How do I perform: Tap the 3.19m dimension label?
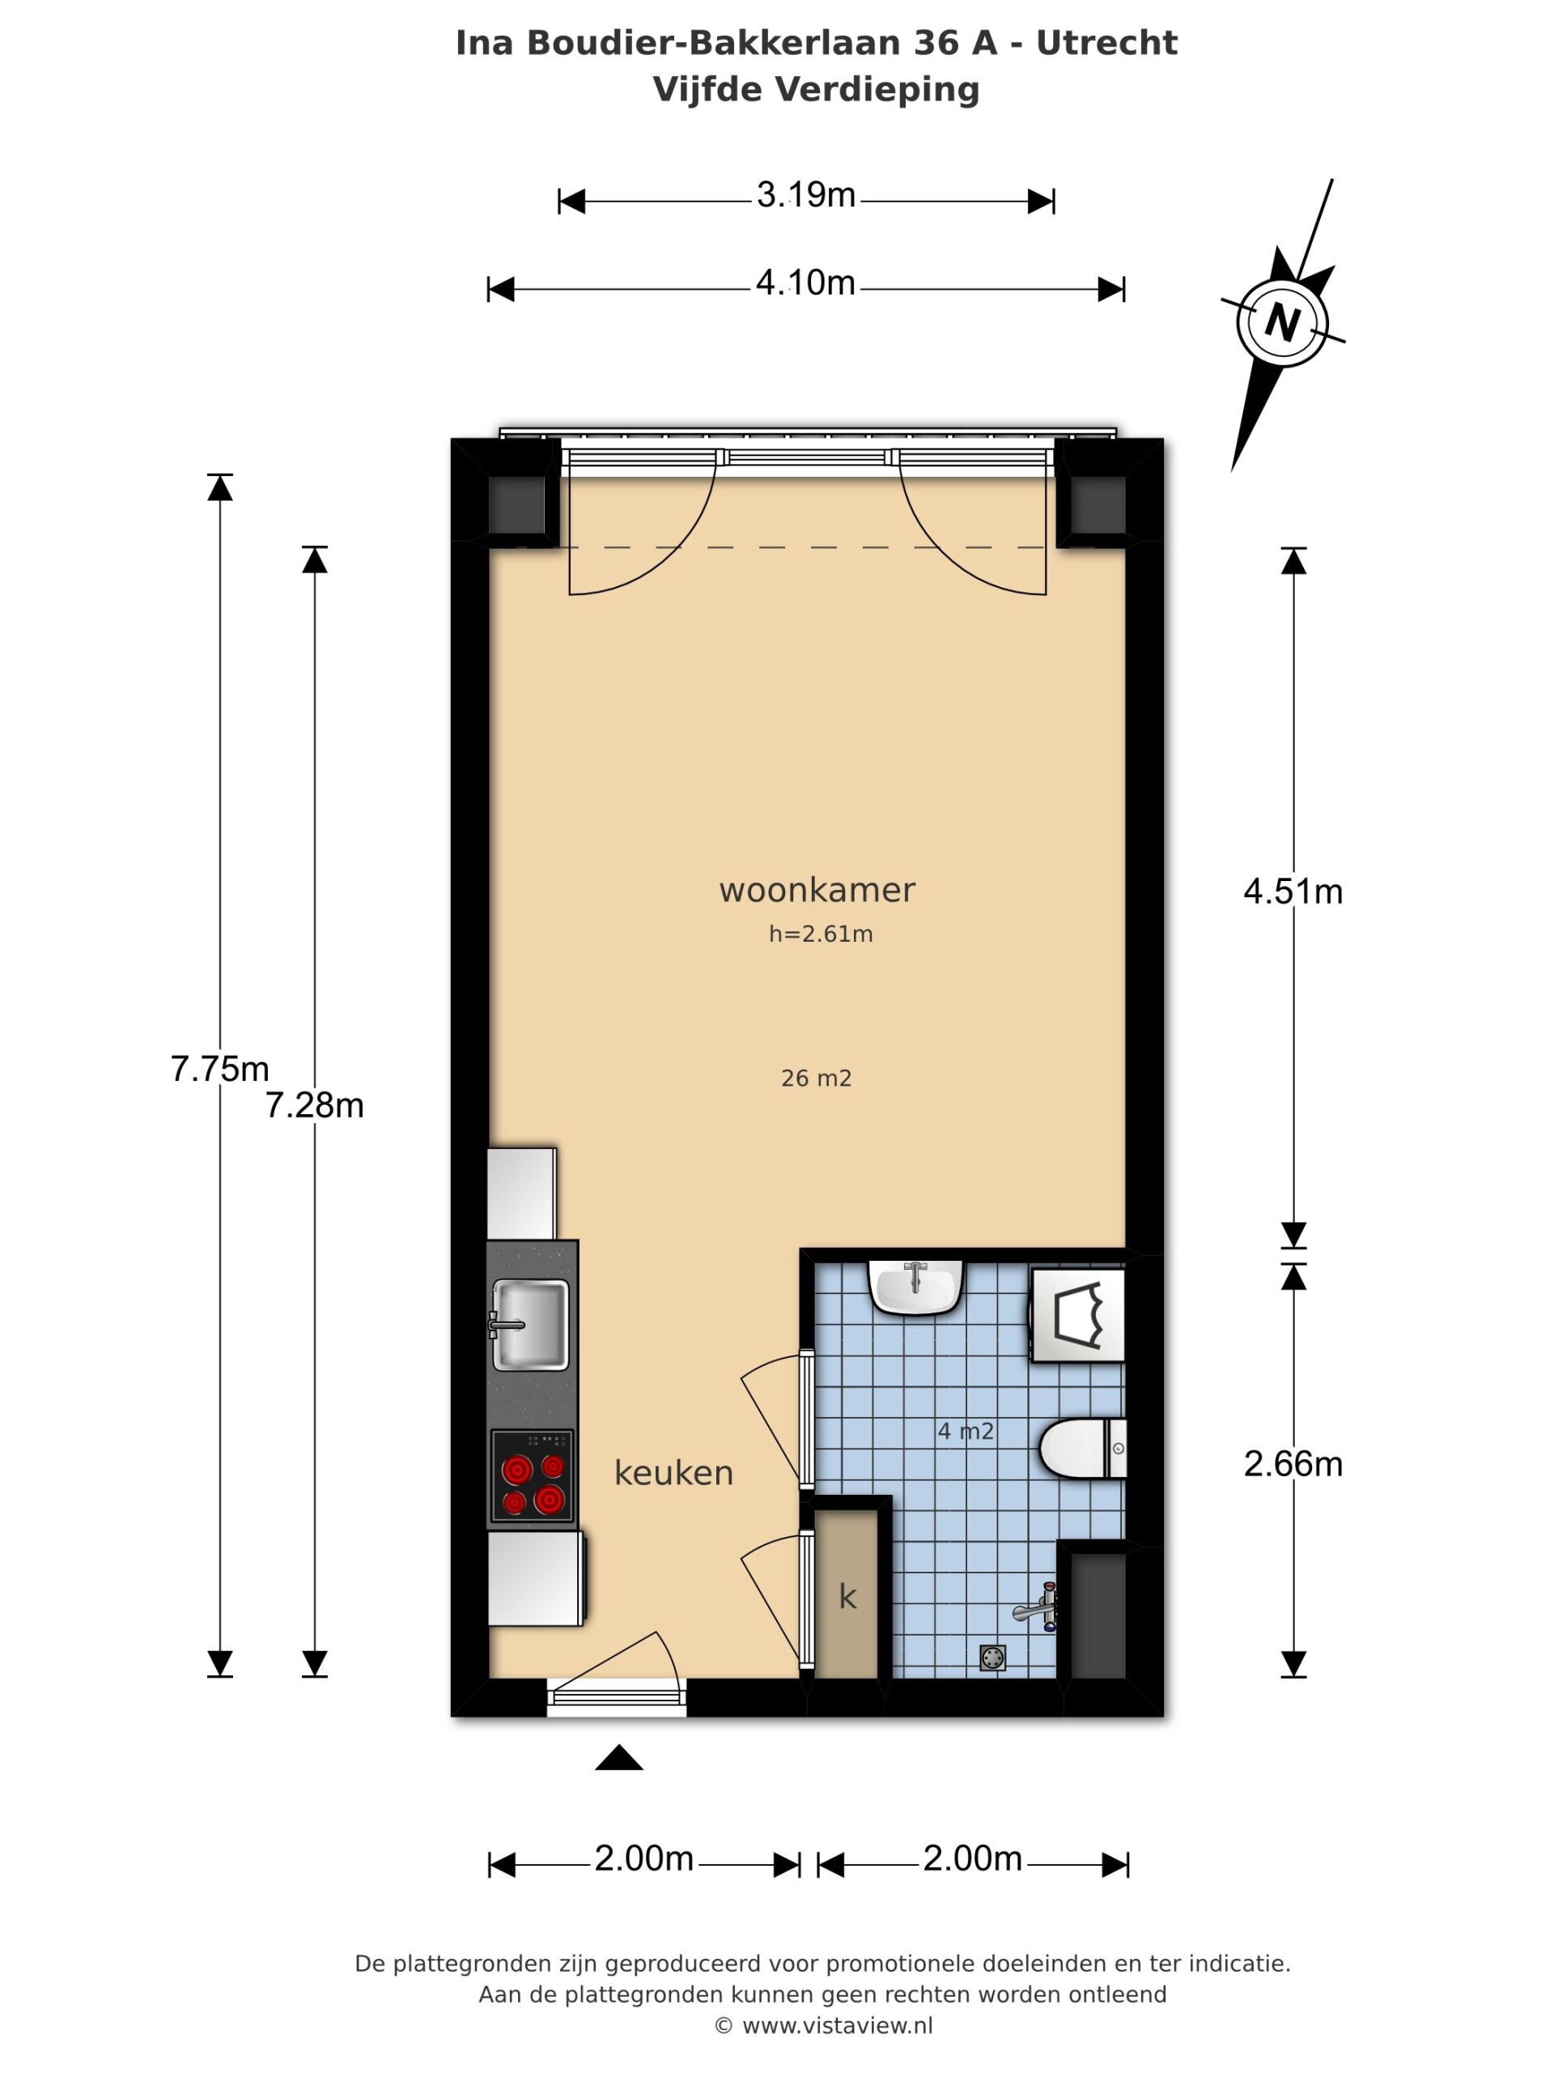(805, 195)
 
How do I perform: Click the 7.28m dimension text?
(314, 1106)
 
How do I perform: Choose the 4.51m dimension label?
(1293, 892)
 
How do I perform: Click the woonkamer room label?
(817, 889)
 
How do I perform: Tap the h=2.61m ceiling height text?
(821, 934)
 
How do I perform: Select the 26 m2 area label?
(816, 1078)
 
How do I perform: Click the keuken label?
(673, 1472)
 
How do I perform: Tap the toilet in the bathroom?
(1082, 1448)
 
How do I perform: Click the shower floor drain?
(993, 1658)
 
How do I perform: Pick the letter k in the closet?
(847, 1596)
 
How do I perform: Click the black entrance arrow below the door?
(619, 1757)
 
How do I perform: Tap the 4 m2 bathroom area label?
(965, 1431)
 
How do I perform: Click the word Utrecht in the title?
(1106, 43)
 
